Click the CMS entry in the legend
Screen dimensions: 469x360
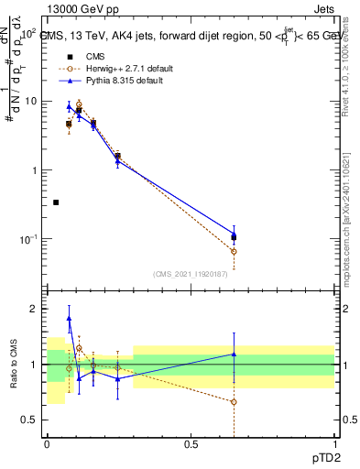[x=90, y=55]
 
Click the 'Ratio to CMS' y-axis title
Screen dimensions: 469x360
[x=12, y=377]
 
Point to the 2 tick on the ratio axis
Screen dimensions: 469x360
[x=35, y=309]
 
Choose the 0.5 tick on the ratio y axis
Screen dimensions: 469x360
[x=30, y=420]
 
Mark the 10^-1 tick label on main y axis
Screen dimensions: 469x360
[x=29, y=239]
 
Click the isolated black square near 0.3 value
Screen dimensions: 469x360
[x=56, y=202]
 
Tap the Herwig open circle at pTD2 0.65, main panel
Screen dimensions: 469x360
[x=234, y=251]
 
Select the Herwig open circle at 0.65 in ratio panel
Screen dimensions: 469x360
[x=234, y=402]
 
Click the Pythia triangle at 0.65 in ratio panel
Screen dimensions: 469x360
[x=234, y=354]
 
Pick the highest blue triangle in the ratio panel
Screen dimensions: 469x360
[x=70, y=319]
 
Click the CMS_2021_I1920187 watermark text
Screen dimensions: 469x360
[x=190, y=274]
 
